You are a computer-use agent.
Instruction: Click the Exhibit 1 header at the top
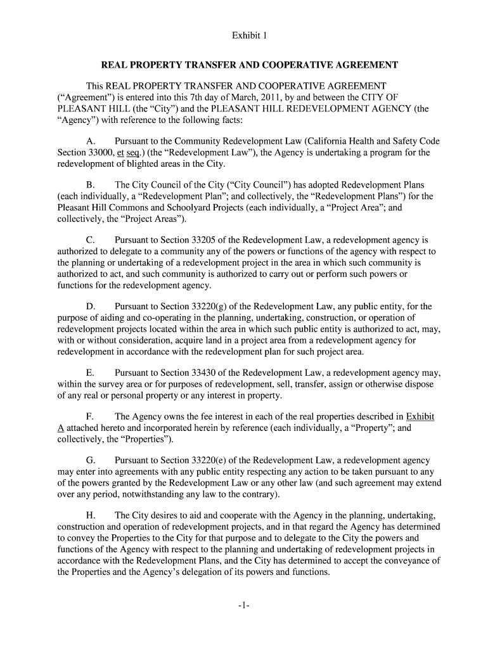(x=243, y=36)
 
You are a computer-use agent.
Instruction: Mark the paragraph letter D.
(x=91, y=307)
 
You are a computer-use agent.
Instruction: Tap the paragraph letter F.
(x=90, y=417)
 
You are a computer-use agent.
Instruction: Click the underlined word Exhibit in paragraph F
(x=420, y=417)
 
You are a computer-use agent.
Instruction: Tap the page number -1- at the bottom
(x=243, y=605)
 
